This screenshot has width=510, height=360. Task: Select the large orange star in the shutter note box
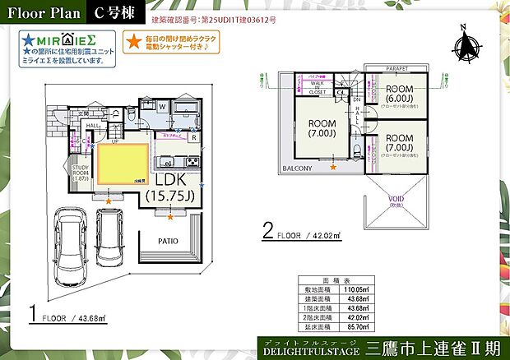point(133,39)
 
